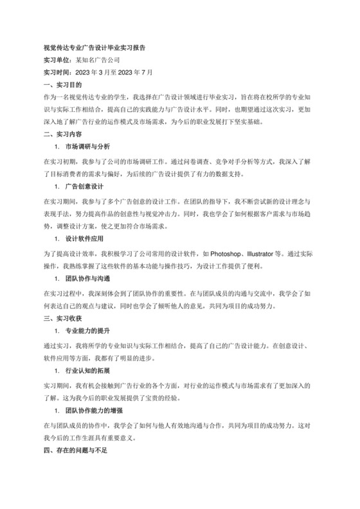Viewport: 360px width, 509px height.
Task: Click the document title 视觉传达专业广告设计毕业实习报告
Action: (94, 48)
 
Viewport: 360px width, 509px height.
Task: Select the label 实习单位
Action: (56, 60)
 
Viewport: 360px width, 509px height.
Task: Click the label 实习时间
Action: (56, 72)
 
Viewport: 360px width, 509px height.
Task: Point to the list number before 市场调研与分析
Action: (57, 147)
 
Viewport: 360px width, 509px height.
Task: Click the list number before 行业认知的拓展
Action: (57, 371)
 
